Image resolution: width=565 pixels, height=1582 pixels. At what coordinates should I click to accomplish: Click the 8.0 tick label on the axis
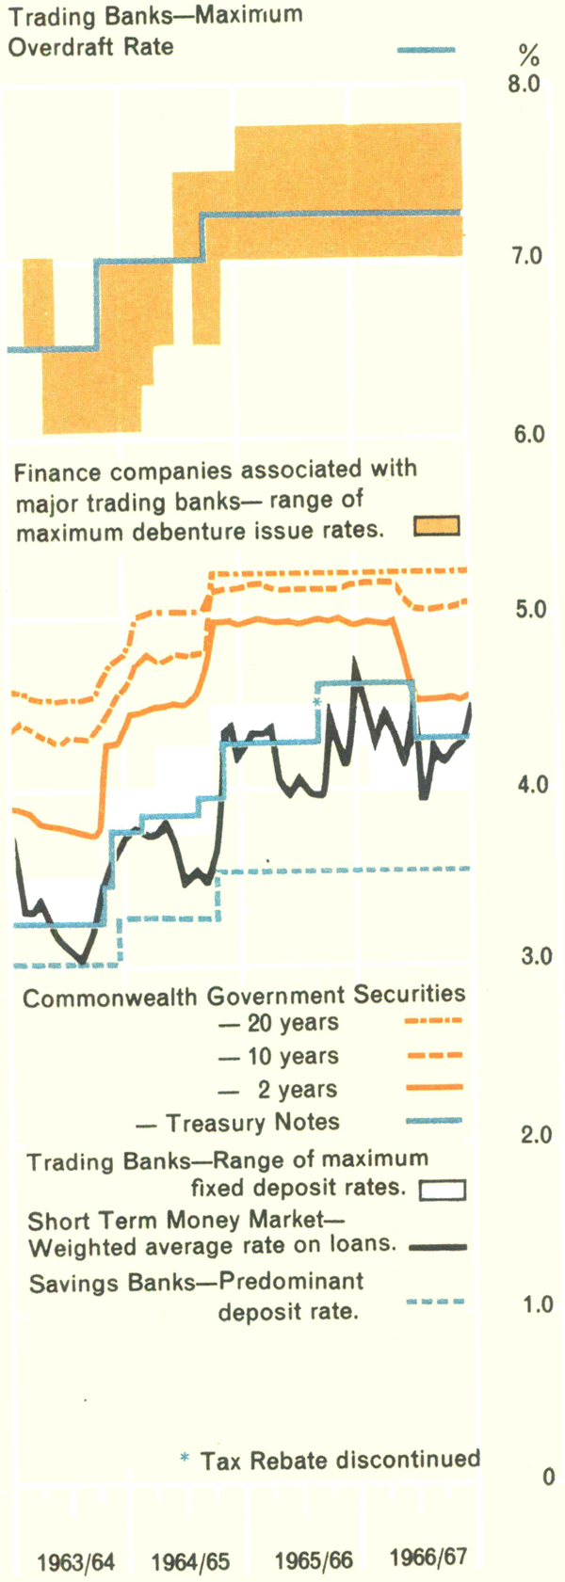point(523,85)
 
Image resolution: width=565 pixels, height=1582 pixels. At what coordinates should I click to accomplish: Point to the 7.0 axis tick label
point(523,256)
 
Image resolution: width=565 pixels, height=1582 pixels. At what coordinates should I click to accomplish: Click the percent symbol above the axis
point(528,54)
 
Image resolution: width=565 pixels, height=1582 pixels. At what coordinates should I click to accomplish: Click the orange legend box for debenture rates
point(437,526)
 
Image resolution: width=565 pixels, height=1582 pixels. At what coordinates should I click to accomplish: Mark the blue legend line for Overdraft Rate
point(427,50)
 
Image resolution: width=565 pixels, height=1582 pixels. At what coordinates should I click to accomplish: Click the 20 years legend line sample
point(433,1020)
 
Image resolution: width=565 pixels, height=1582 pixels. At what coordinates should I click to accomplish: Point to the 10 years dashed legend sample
point(433,1055)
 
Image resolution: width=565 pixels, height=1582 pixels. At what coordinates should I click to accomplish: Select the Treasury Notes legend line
point(433,1121)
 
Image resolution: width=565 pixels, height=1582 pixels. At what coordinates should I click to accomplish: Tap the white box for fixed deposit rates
point(442,1190)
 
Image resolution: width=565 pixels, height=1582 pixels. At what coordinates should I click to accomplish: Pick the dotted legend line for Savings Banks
point(435,1302)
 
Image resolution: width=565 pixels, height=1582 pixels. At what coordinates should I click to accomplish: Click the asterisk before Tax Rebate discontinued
point(185,1459)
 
